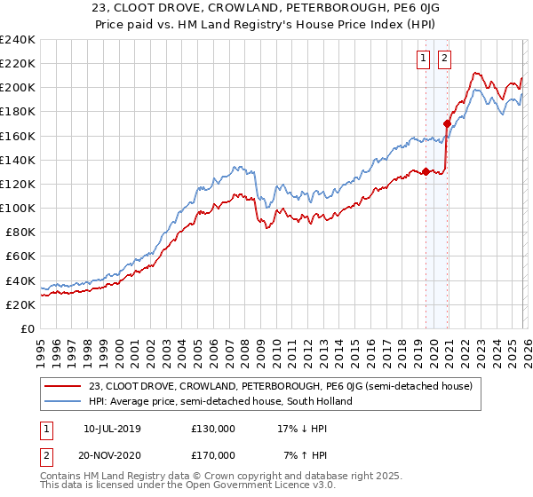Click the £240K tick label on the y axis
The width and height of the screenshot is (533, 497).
[x=17, y=40]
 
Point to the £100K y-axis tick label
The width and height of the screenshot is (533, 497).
[x=17, y=208]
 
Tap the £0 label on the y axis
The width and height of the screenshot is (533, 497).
[x=27, y=328]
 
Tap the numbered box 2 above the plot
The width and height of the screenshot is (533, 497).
[x=443, y=59]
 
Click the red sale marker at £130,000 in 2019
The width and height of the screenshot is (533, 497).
[x=426, y=171]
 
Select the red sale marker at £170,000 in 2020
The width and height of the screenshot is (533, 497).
[x=447, y=123]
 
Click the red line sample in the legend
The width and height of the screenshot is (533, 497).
[x=64, y=386]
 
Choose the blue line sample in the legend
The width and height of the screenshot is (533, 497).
[x=64, y=401]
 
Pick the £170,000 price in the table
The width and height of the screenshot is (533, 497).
[x=213, y=454]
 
